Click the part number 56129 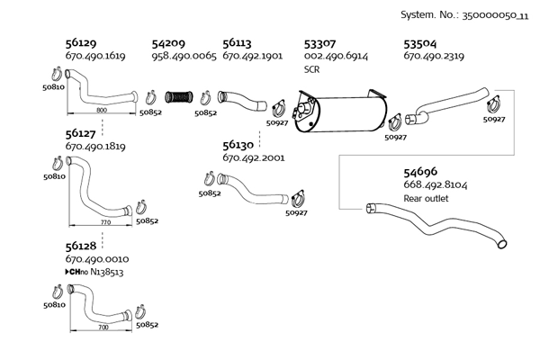82,42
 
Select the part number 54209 169,42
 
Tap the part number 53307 321,42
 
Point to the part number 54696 420,171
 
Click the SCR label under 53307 312,68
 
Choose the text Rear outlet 426,198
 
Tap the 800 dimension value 102,110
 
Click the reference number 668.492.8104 436,184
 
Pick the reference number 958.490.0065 184,56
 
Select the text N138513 100,270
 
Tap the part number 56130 238,144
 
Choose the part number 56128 82,245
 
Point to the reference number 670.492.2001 253,157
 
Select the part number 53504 421,42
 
